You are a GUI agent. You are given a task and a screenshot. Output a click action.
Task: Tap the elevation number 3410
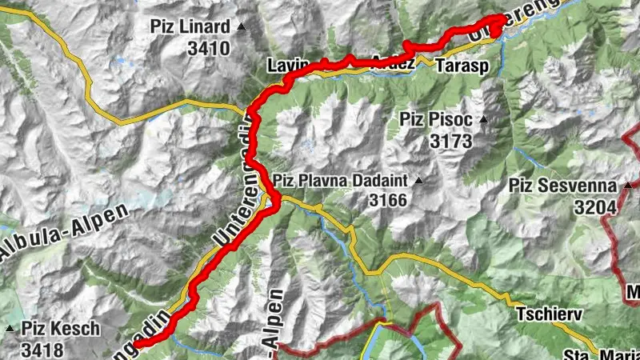[209, 48]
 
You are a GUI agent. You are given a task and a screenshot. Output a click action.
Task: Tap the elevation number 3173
[451, 142]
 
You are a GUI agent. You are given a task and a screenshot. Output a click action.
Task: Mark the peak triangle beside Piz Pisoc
[483, 121]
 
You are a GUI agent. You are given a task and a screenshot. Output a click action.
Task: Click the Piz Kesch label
[61, 328]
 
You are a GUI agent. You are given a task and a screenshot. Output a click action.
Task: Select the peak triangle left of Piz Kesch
[10, 329]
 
